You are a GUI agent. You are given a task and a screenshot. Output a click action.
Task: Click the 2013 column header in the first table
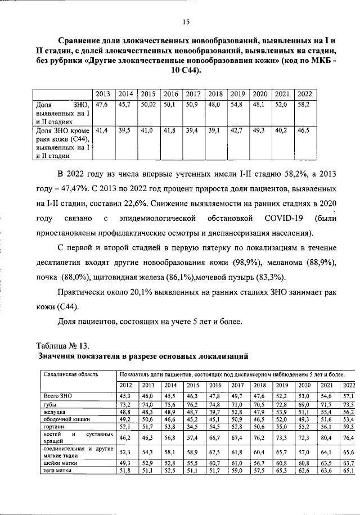click(102, 94)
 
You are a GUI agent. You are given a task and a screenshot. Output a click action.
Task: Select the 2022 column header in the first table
click(306, 94)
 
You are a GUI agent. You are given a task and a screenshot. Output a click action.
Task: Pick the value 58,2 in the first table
click(303, 105)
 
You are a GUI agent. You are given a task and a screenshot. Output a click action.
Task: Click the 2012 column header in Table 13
click(126, 385)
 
